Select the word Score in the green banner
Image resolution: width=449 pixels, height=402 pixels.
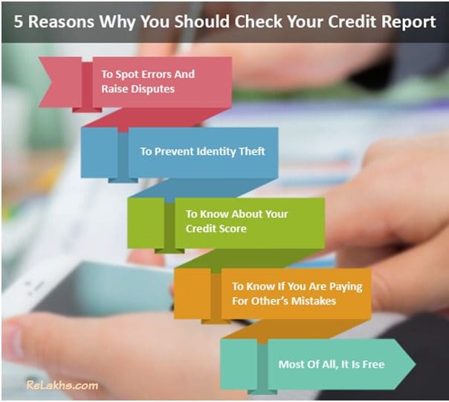point(232,228)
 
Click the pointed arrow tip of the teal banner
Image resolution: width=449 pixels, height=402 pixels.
point(412,364)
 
